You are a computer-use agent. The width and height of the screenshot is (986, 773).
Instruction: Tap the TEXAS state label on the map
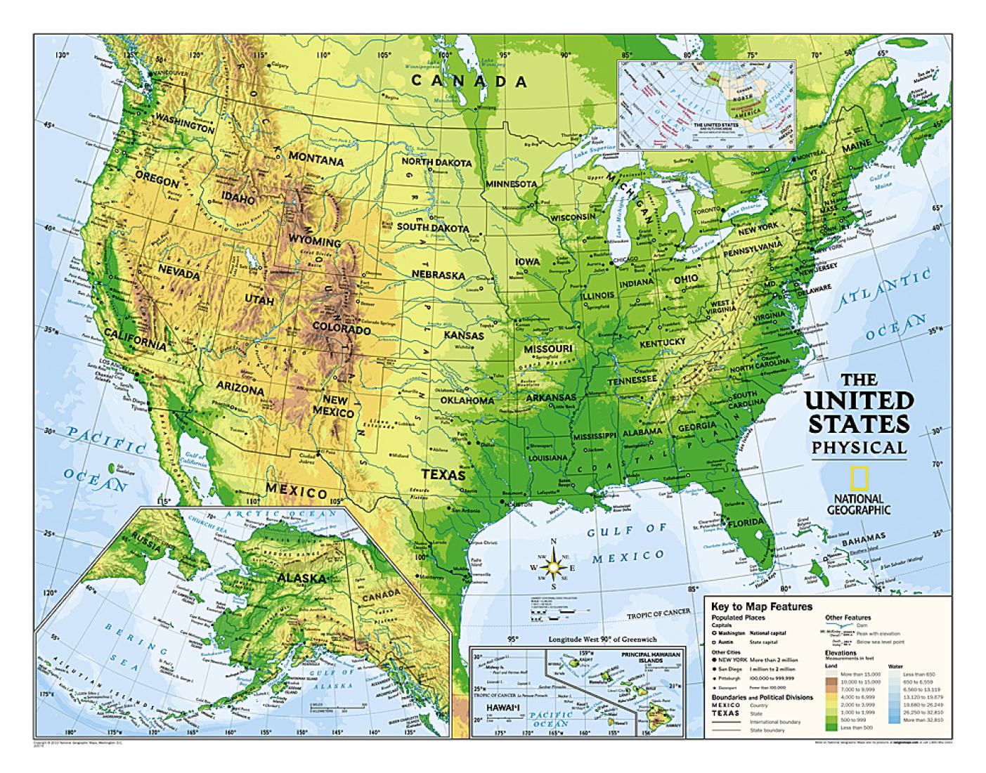443,474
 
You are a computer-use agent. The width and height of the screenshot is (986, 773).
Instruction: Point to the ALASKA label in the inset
301,578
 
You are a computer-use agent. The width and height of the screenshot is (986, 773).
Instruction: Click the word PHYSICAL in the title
859,448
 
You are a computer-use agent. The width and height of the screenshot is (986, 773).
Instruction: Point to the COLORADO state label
342,328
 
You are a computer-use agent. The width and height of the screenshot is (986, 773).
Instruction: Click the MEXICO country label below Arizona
297,491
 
